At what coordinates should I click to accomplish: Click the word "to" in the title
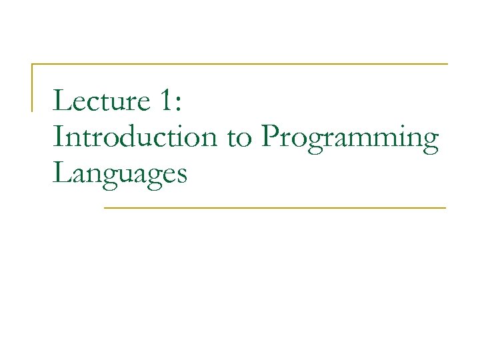[x=239, y=139]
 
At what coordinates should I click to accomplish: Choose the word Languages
[x=120, y=175]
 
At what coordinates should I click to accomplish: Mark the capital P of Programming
[x=270, y=137]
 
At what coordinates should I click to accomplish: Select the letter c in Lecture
[x=89, y=104]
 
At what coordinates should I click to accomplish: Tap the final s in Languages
[x=182, y=175]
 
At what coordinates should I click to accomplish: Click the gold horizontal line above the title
[x=240, y=64]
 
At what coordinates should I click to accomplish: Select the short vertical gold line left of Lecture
[x=33, y=87]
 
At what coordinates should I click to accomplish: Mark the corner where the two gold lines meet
[x=33, y=64]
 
